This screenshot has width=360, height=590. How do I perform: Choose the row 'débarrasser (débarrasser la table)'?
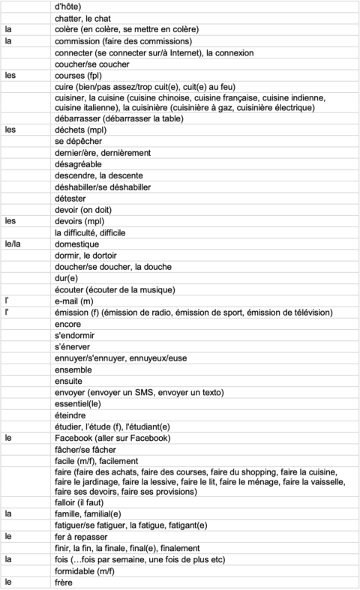120,118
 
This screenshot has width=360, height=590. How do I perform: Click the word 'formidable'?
78,571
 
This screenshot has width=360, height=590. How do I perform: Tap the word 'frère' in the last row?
65,583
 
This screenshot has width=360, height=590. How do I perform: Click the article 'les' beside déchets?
10,129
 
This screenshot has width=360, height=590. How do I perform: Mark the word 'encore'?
68,324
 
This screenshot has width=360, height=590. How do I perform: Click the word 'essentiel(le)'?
80,403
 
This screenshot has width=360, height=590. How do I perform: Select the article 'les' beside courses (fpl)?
10,75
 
